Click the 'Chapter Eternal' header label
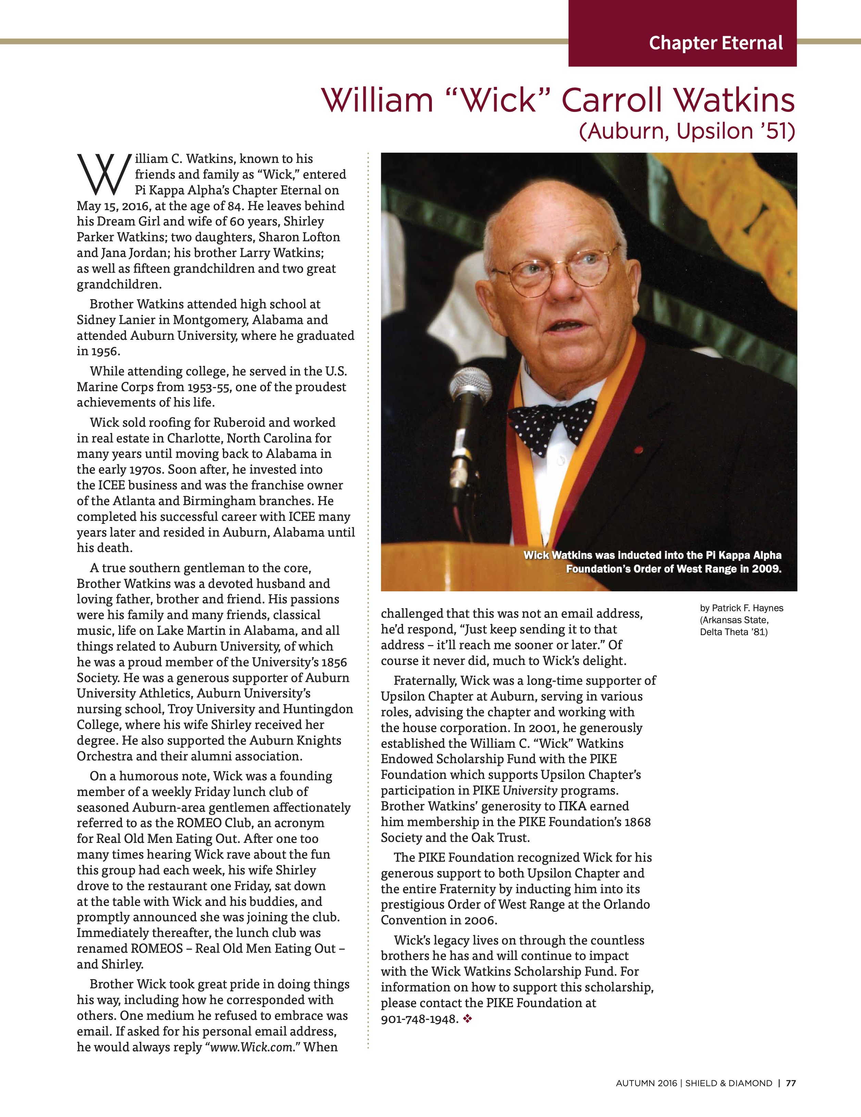pyautogui.click(x=716, y=43)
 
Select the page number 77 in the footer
pyautogui.click(x=791, y=1083)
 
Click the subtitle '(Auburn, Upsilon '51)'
pyautogui.click(x=687, y=131)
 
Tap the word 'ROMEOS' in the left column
pyautogui.click(x=157, y=948)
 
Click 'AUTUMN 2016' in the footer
pyautogui.click(x=646, y=1083)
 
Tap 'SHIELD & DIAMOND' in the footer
pyautogui.click(x=728, y=1083)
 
